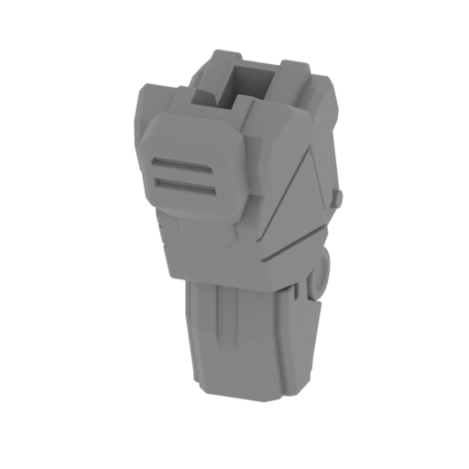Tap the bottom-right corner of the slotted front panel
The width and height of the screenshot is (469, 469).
[240, 220]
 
